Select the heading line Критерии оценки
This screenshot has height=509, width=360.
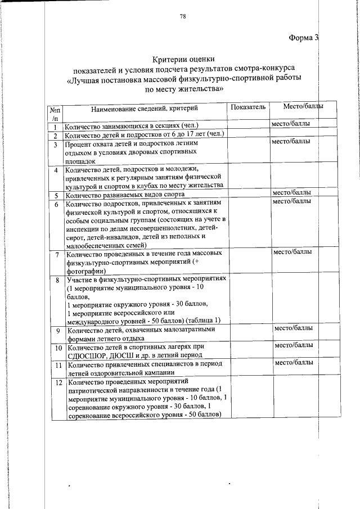click(184, 60)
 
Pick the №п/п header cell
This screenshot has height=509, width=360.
click(55, 114)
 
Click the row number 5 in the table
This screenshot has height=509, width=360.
click(56, 195)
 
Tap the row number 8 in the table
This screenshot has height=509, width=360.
click(56, 280)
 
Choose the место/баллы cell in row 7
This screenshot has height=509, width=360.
click(292, 253)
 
